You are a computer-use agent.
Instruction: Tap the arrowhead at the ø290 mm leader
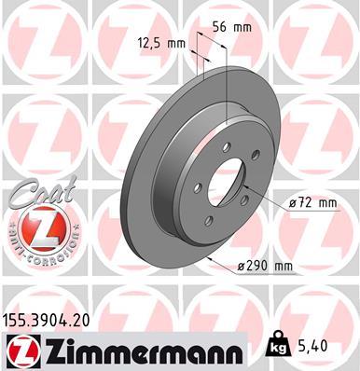coord(208,254)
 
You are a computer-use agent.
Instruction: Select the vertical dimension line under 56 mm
coord(228,84)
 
